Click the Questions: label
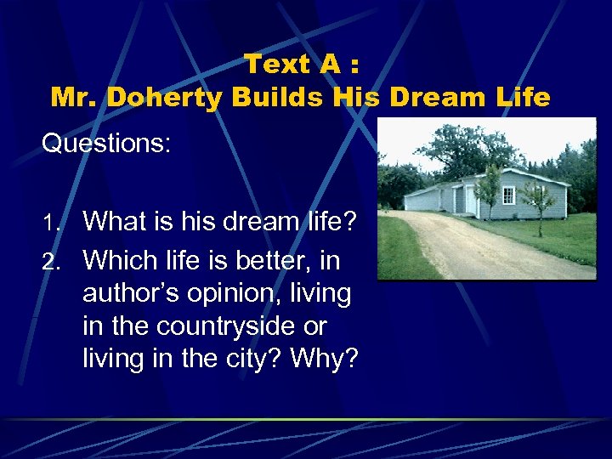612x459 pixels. click(x=106, y=143)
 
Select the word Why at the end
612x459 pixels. click(x=323, y=360)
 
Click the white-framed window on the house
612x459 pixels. click(x=508, y=195)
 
